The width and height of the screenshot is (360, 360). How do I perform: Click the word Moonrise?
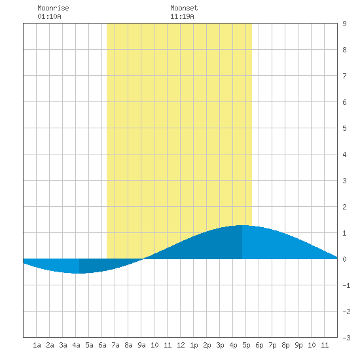[53, 8]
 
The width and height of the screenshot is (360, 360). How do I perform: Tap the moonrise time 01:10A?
[49, 16]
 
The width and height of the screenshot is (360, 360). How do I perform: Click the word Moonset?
[184, 8]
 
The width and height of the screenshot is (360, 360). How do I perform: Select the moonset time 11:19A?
[182, 16]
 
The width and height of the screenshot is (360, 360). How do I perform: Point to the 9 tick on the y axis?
[344, 24]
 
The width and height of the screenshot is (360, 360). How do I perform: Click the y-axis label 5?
[344, 128]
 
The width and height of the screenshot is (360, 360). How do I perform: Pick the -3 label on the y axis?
[346, 338]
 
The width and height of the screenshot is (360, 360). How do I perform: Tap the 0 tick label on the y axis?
[344, 259]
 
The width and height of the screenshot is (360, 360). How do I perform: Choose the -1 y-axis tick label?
[346, 285]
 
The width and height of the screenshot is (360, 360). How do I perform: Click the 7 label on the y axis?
[344, 76]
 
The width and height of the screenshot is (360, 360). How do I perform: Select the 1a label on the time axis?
[37, 345]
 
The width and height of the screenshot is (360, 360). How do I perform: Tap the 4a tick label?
[76, 345]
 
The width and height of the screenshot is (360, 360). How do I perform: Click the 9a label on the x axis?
[141, 345]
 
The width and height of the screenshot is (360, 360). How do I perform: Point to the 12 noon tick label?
[181, 345]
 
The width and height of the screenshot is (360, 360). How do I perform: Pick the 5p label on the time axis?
[246, 345]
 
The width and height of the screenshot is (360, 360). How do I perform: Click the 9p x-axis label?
[298, 345]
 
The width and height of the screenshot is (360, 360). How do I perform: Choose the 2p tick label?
[207, 345]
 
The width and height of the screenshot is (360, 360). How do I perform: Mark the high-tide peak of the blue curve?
[242, 225]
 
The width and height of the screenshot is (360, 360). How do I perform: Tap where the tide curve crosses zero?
[143, 259]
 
